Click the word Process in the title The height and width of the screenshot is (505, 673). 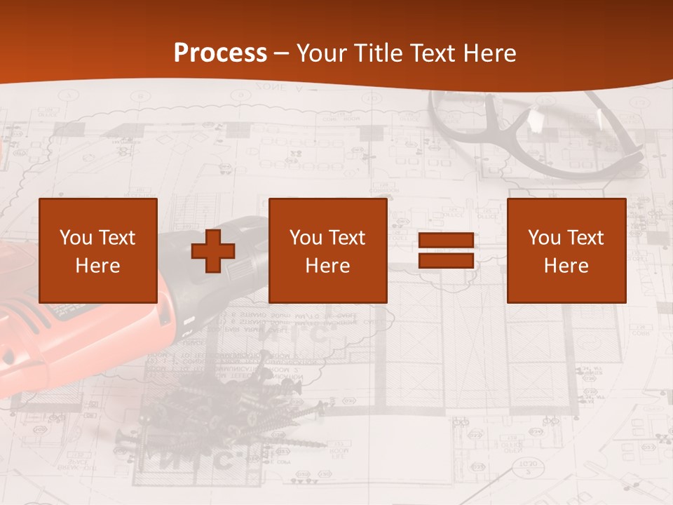pos(220,53)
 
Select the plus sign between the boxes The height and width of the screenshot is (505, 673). pos(213,251)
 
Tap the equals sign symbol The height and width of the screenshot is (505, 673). pos(446,251)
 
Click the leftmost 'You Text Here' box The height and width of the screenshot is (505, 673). pos(98,250)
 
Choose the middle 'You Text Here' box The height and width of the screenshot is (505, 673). pos(327,250)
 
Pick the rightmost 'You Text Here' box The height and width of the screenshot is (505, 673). pos(566,250)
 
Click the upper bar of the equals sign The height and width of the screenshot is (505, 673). pos(446,241)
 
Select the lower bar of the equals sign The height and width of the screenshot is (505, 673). pos(446,260)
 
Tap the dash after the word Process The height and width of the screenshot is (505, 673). pos(281,53)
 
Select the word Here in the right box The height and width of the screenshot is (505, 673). pos(566,265)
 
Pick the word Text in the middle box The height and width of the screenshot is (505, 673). pos(347,237)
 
